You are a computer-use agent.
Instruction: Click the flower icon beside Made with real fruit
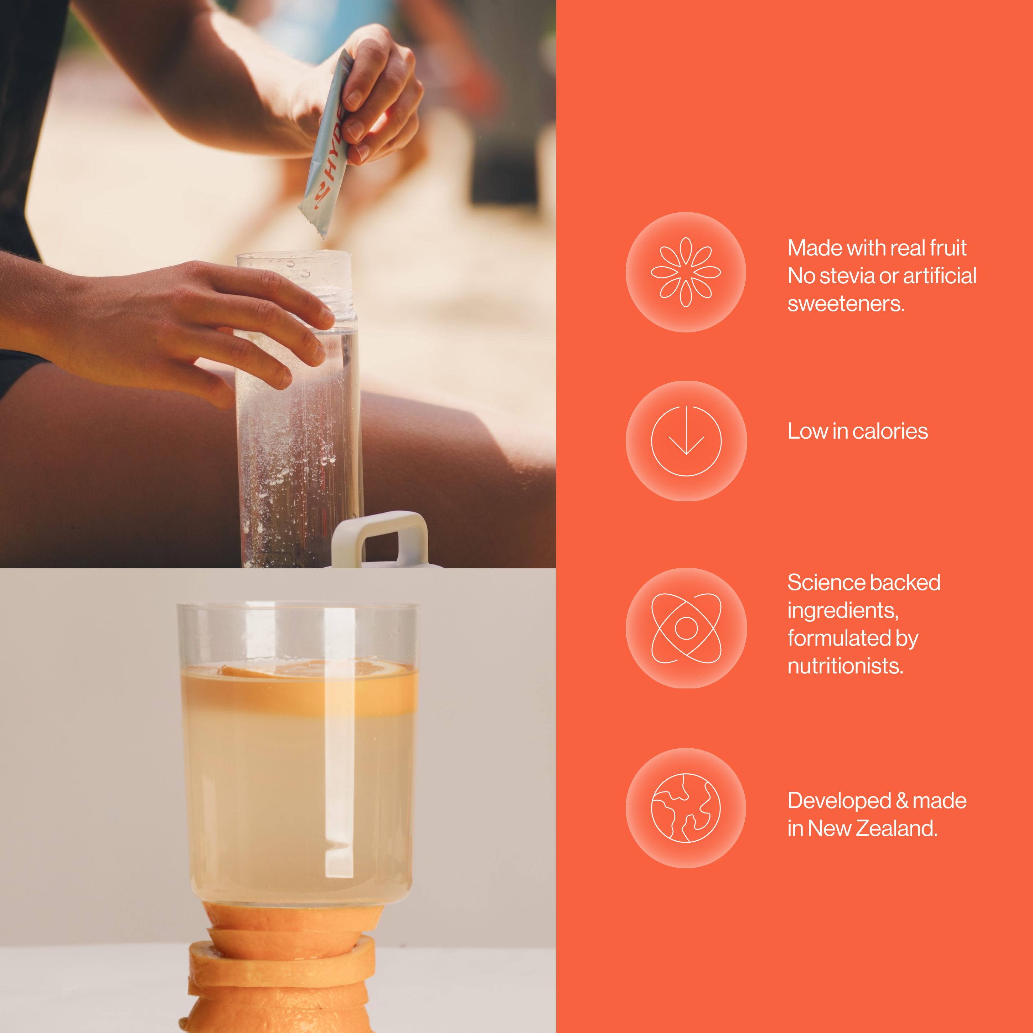(686, 272)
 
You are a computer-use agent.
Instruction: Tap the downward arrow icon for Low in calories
(686, 441)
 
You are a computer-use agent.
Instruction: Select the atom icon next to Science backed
(686, 628)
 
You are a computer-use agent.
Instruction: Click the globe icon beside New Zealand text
(686, 808)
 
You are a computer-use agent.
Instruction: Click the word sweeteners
(846, 304)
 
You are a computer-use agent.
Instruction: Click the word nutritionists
(845, 666)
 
